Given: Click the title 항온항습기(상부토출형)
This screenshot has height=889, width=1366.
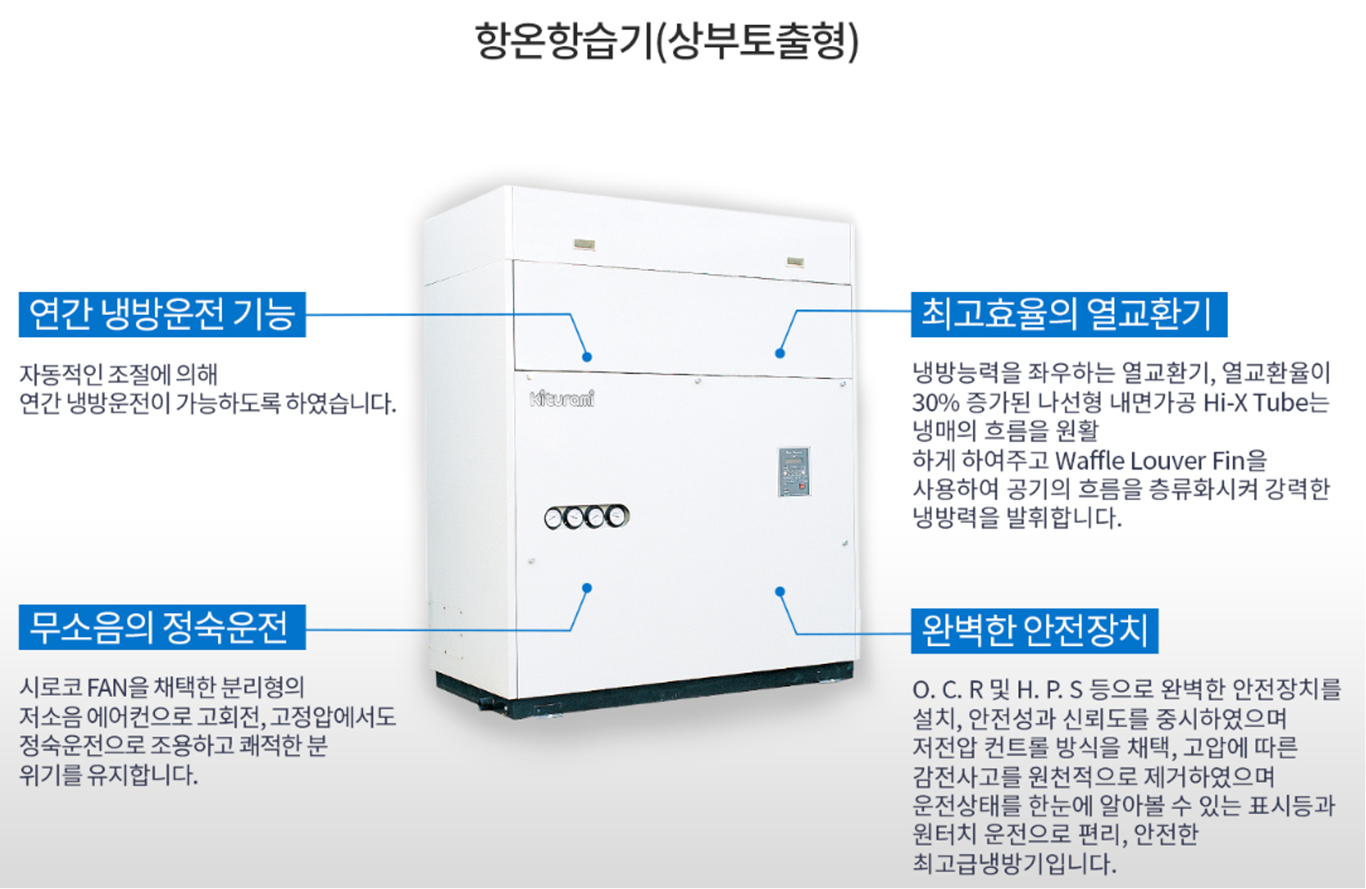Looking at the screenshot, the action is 666,41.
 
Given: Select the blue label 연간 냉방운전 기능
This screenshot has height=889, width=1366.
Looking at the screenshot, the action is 162,314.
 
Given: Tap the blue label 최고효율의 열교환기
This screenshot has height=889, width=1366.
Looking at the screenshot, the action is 1068,314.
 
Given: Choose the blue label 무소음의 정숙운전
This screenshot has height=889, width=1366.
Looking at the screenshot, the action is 162,627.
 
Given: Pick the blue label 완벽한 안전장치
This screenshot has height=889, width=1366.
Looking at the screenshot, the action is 1034,631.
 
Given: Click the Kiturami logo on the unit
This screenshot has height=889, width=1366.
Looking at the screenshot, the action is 562,399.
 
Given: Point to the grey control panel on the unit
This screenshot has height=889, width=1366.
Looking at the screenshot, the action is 794,471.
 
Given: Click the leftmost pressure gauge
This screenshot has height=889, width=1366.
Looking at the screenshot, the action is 554,518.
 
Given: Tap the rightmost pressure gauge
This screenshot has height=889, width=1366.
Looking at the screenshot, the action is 616,515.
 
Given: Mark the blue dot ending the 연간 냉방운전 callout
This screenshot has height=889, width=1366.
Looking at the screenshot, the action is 587,357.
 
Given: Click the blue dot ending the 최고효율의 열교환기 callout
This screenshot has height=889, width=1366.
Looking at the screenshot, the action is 779,353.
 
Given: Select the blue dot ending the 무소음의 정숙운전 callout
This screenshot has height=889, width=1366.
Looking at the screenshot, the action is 587,588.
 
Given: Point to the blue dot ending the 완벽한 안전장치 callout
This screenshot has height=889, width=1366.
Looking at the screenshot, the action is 779,591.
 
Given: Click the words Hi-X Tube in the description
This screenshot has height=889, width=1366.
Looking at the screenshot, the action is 1265,403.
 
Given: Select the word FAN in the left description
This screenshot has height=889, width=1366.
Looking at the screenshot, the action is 107,688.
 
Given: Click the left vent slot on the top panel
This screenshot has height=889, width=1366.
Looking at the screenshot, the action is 584,244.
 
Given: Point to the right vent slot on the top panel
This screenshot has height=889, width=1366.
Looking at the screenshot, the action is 795,261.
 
